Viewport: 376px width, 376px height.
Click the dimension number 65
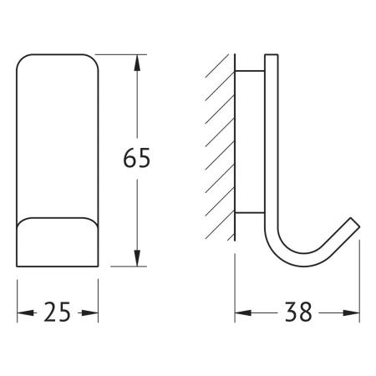(x=136, y=158)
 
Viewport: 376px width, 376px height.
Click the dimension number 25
(x=57, y=312)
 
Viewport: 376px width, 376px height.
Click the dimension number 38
(x=297, y=312)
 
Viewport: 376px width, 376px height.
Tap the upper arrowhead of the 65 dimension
(x=137, y=63)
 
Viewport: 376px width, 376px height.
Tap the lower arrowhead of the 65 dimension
(x=137, y=258)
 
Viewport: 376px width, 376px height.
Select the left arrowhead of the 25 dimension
(x=26, y=313)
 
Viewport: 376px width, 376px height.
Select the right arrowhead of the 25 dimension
(x=89, y=313)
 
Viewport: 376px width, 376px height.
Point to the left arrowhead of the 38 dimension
(x=243, y=313)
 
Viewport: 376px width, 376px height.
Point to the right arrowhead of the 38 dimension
(x=351, y=313)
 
